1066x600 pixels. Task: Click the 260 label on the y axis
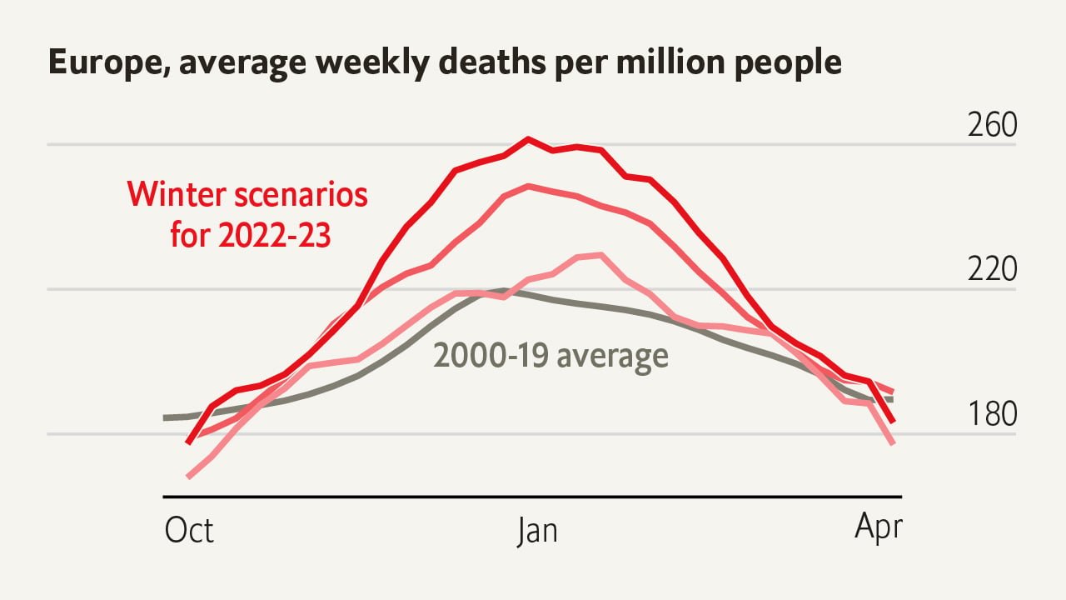point(992,125)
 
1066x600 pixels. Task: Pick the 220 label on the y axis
point(992,270)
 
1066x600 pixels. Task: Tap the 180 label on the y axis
point(992,414)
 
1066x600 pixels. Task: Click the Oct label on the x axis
point(189,531)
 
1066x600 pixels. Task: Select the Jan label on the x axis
point(537,531)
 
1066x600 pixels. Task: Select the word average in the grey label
point(612,357)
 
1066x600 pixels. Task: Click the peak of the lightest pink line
point(600,255)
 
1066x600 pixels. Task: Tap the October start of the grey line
point(165,417)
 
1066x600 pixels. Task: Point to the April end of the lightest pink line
point(893,443)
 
